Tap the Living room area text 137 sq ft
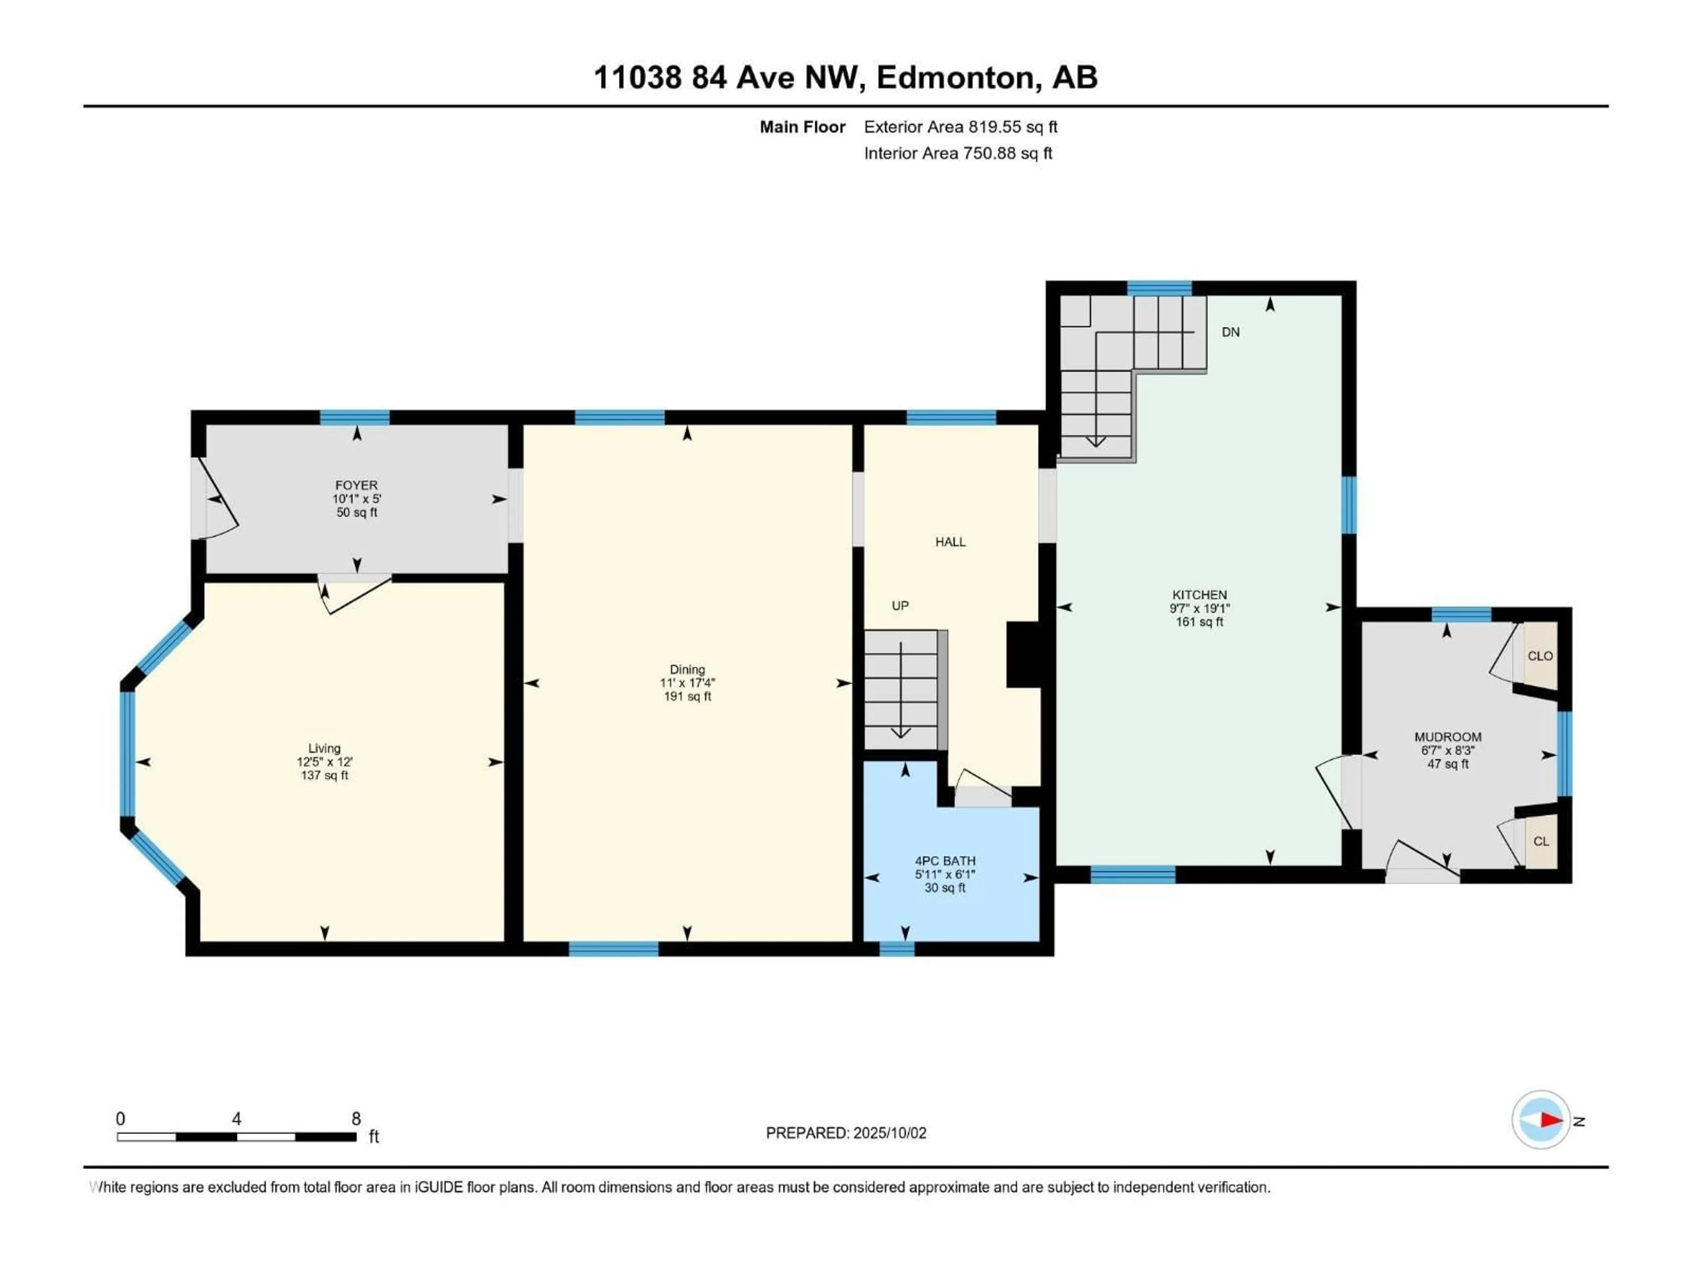tap(324, 776)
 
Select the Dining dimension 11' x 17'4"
tap(687, 683)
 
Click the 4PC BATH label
tap(945, 860)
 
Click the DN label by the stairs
tap(1231, 332)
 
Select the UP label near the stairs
tap(900, 605)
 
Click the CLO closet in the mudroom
tap(1540, 656)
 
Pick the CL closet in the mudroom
tap(1541, 841)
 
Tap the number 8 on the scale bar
tap(356, 1118)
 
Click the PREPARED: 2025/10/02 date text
tap(846, 1133)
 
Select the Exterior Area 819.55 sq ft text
tap(961, 127)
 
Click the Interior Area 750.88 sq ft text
tap(958, 153)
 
